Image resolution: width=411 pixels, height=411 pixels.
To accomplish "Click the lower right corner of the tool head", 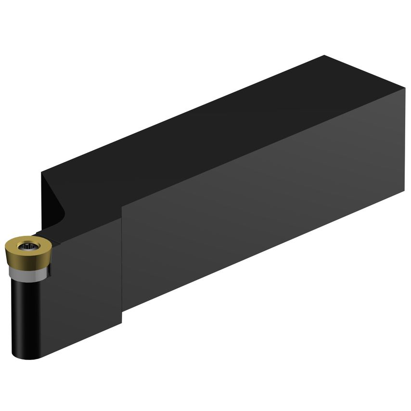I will [121, 323].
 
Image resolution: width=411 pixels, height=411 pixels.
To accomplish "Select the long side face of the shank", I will [265, 207].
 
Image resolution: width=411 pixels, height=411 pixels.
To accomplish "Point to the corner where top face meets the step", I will [121, 205].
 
